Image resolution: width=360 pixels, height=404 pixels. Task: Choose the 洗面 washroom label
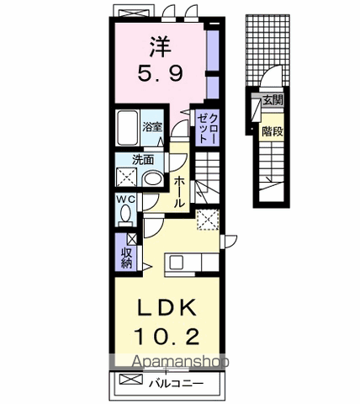pos(142,159)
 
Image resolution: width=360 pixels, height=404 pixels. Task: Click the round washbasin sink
pos(152,178)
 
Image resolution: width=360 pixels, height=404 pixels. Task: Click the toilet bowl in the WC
pos(125,214)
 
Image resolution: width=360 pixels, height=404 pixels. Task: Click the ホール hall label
pos(179,192)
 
